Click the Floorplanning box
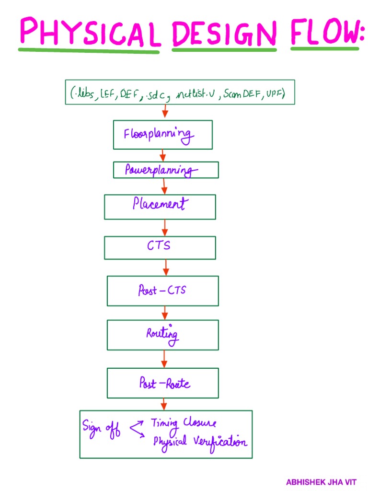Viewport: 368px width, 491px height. tap(162, 135)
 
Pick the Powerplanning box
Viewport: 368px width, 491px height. tap(166, 170)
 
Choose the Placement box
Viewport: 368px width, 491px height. tap(160, 207)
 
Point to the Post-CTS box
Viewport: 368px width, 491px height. tap(162, 291)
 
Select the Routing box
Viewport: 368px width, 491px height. tap(162, 335)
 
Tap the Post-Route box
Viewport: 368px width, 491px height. tap(162, 383)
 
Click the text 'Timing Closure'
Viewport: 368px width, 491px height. tap(184, 423)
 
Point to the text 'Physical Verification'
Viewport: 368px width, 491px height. tap(200, 442)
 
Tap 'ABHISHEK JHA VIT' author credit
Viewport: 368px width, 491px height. tap(321, 482)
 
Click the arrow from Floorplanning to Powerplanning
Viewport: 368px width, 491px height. tap(163, 155)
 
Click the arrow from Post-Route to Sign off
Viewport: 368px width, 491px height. tap(164, 404)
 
